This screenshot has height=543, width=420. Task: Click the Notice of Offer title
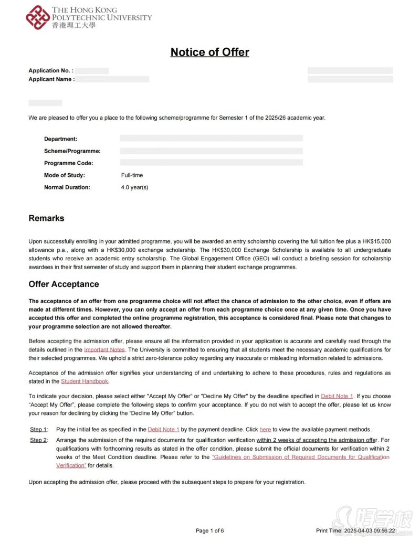point(209,52)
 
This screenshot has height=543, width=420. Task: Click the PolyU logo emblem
point(38,17)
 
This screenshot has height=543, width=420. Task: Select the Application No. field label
point(51,70)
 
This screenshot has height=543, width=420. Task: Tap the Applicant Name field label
point(51,79)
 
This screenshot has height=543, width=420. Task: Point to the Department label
point(60,139)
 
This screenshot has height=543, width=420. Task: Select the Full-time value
point(132,175)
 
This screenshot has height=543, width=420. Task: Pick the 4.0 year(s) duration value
point(134,187)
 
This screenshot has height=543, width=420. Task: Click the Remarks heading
point(46,218)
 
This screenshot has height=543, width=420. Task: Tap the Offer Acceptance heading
point(64,284)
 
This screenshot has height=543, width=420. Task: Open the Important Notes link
point(104,349)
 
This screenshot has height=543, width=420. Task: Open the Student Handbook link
point(85,381)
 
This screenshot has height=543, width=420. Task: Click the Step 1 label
point(38,429)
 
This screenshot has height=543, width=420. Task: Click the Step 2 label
point(38,440)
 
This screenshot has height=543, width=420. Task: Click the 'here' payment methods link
point(265,429)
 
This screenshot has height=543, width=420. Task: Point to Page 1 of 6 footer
point(209,531)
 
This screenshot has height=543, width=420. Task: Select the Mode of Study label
point(64,175)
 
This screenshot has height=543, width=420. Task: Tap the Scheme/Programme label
point(72,151)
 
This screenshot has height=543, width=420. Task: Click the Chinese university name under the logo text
point(74,25)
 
